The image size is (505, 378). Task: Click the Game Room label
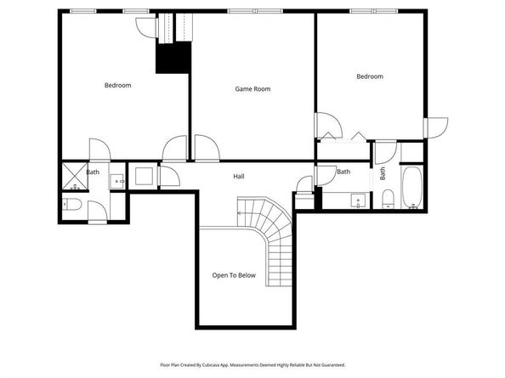(x=252, y=88)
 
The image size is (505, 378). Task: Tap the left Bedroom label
(x=117, y=85)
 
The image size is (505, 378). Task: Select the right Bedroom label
(x=369, y=76)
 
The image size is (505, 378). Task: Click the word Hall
(x=239, y=177)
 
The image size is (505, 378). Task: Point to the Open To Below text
(x=234, y=275)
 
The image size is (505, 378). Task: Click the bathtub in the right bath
(x=411, y=188)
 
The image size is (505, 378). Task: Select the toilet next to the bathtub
(x=387, y=200)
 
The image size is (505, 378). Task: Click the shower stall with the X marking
(x=71, y=176)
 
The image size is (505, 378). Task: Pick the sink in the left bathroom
(x=118, y=180)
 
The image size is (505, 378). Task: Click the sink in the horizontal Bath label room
(x=358, y=201)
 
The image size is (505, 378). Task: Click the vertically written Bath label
(x=383, y=173)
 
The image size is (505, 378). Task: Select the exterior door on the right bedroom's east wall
(x=435, y=127)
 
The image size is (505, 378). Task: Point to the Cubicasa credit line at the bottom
(x=252, y=363)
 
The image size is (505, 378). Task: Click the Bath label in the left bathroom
(x=92, y=172)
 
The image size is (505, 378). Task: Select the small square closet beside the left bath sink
(x=144, y=176)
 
